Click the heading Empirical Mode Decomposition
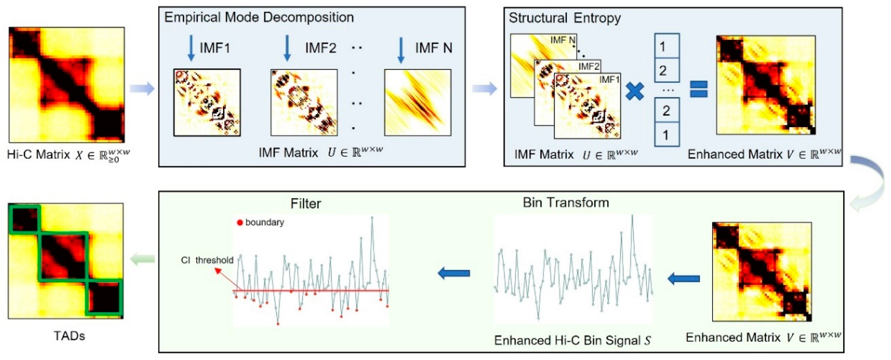(259, 17)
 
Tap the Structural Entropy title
(565, 18)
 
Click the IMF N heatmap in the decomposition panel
(418, 102)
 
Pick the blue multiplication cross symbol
(635, 92)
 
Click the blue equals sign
(699, 89)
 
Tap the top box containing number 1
(666, 46)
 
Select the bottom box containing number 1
(666, 134)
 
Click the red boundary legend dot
(240, 223)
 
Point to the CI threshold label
(207, 260)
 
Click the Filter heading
(305, 204)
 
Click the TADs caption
(69, 336)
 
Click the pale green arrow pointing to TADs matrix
(142, 259)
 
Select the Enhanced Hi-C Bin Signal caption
(572, 341)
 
